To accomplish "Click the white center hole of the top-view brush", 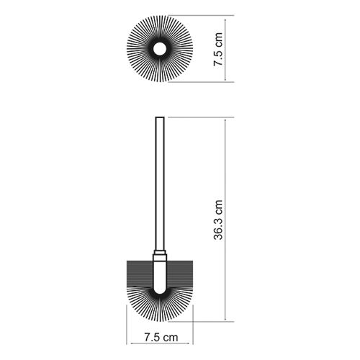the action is click(x=160, y=49).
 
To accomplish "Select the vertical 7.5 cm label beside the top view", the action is click(x=218, y=49).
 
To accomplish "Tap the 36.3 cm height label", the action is click(x=218, y=220).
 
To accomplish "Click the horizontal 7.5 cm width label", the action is click(x=161, y=337).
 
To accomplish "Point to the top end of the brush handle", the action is click(x=160, y=117).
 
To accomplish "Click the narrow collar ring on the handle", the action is click(x=160, y=252).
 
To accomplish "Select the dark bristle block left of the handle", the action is click(x=140, y=274).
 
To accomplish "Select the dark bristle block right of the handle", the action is click(x=179, y=274).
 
